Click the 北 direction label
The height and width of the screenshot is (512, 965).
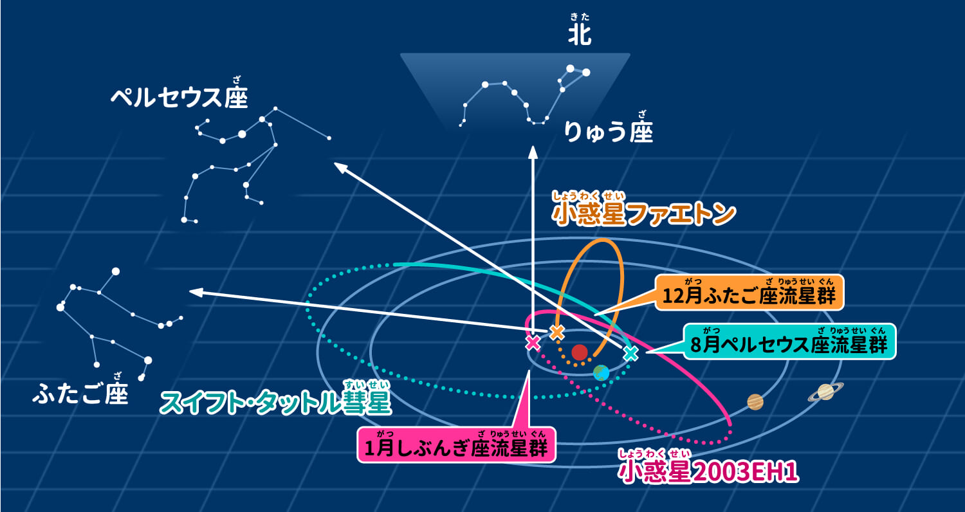tap(579, 35)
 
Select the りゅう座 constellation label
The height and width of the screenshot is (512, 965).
tap(608, 131)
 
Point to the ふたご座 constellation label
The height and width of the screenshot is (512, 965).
tap(80, 392)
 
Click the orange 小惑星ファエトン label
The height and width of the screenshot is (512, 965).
tap(643, 214)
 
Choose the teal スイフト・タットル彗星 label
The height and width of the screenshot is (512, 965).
tap(275, 403)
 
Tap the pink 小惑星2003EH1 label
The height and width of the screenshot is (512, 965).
tap(708, 471)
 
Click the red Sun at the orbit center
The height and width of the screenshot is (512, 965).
tap(580, 352)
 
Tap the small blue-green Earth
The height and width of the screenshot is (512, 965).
tap(601, 372)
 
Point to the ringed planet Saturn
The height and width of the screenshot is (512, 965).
tap(825, 391)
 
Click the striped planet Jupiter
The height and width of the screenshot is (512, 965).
tap(755, 401)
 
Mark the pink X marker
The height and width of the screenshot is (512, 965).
tap(533, 342)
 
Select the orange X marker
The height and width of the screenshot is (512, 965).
tap(557, 332)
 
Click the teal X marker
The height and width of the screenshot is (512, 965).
tap(630, 352)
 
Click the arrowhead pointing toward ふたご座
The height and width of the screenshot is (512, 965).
tap(195, 293)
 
